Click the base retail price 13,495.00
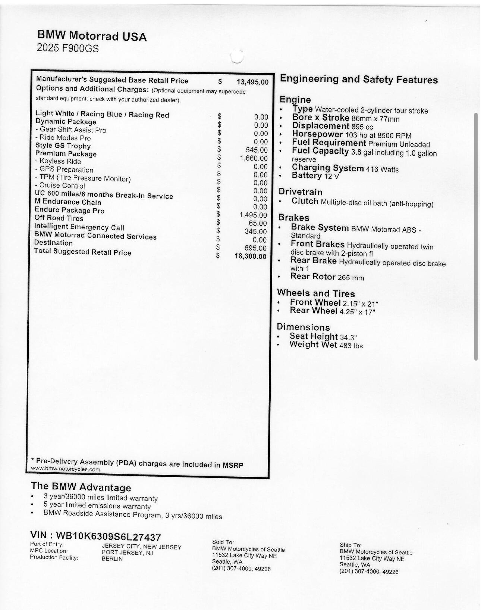pyautogui.click(x=252, y=82)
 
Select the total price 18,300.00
pyautogui.click(x=251, y=256)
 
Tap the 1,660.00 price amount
pyautogui.click(x=254, y=158)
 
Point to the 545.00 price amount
pyautogui.click(x=257, y=150)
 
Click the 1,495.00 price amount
pyautogui.click(x=253, y=215)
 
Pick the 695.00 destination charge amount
pyautogui.click(x=255, y=248)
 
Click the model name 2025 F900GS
pyautogui.click(x=68, y=48)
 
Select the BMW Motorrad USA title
pyautogui.click(x=92, y=36)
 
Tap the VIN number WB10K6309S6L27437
pyautogui.click(x=95, y=536)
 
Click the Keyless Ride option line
pyautogui.click(x=58, y=161)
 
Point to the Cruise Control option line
pyautogui.click(x=60, y=186)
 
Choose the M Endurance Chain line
pyautogui.click(x=68, y=202)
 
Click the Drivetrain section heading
pyautogui.click(x=301, y=192)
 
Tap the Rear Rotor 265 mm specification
pyautogui.click(x=327, y=277)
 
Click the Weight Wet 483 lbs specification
pyautogui.click(x=326, y=345)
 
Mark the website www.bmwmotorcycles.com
pyautogui.click(x=66, y=469)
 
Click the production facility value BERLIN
pyautogui.click(x=112, y=559)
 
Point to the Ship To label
pyautogui.click(x=350, y=545)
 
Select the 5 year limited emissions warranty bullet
pyautogui.click(x=97, y=506)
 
